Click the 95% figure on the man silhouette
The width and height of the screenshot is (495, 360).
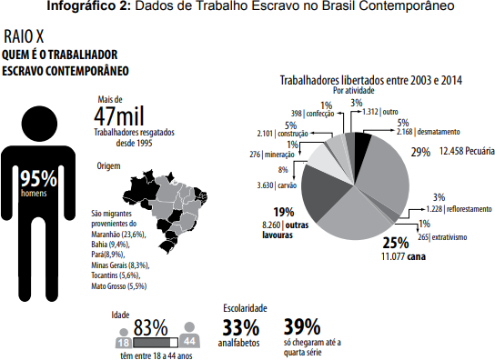click(38, 178)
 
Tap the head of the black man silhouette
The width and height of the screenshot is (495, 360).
click(39, 124)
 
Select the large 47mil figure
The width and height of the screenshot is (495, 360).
click(119, 115)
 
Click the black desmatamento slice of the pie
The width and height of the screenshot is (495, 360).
click(362, 140)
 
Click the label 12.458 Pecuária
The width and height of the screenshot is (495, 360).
click(467, 151)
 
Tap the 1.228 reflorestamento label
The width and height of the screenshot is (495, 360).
click(459, 209)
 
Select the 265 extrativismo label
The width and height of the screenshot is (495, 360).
click(442, 237)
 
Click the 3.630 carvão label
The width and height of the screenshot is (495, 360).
click(277, 185)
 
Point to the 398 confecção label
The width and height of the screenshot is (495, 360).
click(312, 114)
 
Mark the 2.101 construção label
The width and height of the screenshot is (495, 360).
click(283, 134)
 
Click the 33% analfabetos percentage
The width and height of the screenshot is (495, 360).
click(241, 327)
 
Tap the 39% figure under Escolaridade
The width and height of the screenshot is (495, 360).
click(302, 326)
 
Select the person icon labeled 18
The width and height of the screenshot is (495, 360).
click(124, 338)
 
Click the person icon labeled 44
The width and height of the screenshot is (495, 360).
click(189, 335)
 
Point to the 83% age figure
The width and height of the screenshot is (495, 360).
click(150, 327)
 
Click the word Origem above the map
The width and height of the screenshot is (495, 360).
click(108, 166)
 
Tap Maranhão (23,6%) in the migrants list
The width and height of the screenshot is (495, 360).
click(118, 235)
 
